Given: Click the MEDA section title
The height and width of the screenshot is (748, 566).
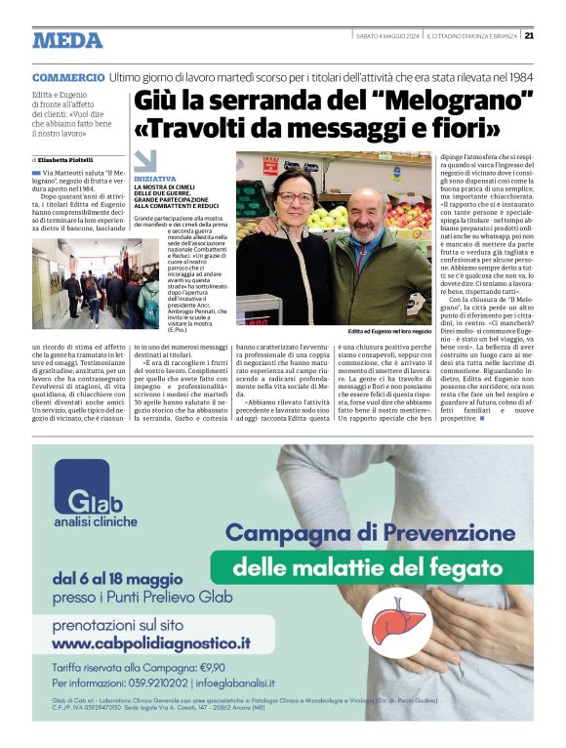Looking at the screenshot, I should point(67,40).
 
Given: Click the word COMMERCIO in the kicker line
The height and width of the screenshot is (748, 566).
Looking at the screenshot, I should point(68,77).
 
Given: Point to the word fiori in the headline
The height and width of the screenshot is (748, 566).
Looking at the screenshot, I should point(471,127).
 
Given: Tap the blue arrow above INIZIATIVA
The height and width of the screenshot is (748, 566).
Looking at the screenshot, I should point(144,162).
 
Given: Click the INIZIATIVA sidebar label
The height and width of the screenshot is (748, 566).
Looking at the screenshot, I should point(155,180).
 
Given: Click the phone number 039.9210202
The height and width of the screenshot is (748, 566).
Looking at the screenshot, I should point(150,686).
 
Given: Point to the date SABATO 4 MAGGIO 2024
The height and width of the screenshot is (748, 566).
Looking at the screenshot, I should point(387,36).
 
